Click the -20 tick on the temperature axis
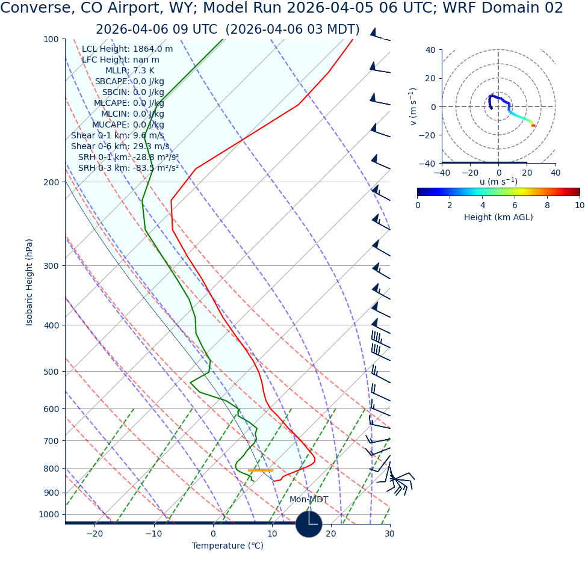coord(94,534)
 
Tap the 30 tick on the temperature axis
coord(389,534)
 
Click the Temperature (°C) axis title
coord(227,546)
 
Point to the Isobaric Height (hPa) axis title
coord(29,282)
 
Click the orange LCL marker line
coord(261,470)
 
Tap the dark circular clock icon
coord(309,524)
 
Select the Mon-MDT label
coord(309,500)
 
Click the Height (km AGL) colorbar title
coord(498,217)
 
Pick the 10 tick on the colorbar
coord(579,205)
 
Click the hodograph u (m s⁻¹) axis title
coord(498,182)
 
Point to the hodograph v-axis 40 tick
coord(431,50)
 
